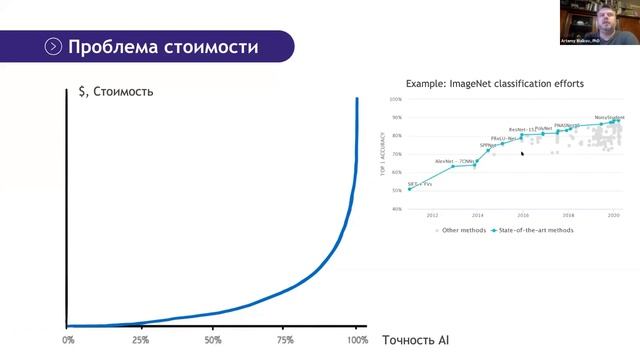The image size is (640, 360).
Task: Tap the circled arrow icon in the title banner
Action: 53,47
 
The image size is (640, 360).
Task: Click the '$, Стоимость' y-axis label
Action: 115,92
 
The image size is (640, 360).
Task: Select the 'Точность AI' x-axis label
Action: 415,340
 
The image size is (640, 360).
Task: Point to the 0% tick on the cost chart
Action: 68,340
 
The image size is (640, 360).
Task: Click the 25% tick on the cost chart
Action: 141,340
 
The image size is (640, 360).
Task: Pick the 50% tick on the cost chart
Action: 213,340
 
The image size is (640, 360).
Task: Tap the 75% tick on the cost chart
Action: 286,340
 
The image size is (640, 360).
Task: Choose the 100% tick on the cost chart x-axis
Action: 356,340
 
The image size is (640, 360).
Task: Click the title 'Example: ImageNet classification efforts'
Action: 494,84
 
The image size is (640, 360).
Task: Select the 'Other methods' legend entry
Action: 463,230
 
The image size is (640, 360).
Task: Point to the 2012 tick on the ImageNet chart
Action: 432,215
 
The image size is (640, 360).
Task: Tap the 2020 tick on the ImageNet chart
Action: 613,215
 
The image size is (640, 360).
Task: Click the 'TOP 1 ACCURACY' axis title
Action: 383,154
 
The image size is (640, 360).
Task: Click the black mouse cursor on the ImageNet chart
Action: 522,154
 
